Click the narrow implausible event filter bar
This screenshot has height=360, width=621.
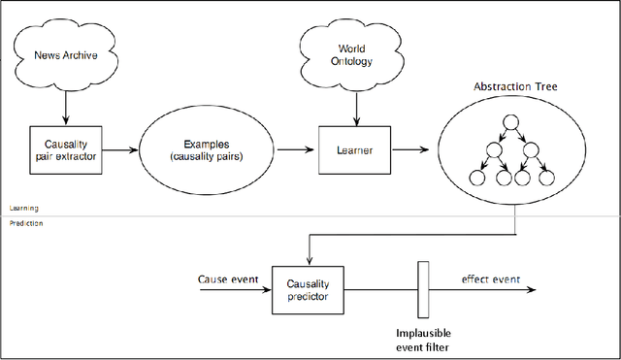pos(422,288)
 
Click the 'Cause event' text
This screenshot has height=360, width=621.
pos(227,278)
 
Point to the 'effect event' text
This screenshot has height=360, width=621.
pos(490,278)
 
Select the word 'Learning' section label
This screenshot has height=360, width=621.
pos(23,209)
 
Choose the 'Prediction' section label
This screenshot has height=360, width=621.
pos(26,223)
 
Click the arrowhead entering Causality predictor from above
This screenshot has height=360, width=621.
pos(308,258)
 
